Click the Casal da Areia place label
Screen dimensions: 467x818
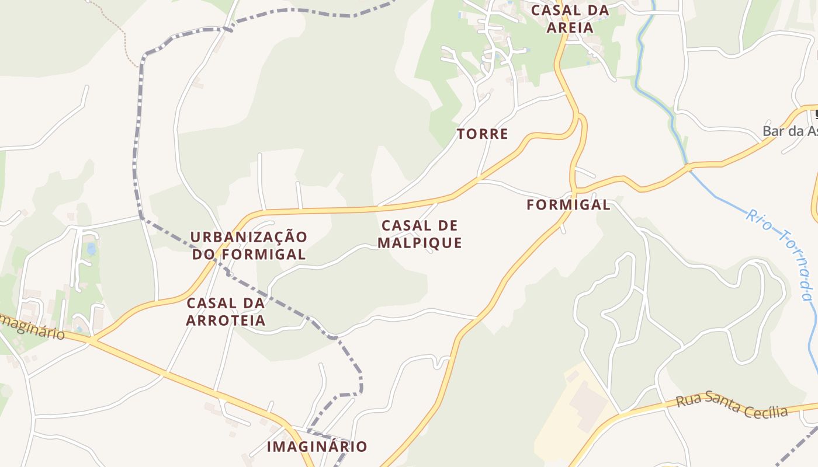[x=570, y=19]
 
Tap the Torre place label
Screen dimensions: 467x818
[x=482, y=134]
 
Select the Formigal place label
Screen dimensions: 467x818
[x=568, y=205]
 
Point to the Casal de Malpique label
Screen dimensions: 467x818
[x=420, y=234]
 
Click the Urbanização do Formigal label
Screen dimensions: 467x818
[x=248, y=246]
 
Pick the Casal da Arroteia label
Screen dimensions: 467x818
[x=226, y=312]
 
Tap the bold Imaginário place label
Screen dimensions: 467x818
[x=317, y=447]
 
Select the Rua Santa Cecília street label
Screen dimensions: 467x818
[x=732, y=405]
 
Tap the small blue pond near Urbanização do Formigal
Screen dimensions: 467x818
[x=91, y=249]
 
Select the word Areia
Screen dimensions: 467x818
[x=570, y=27]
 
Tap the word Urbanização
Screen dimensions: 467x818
[x=248, y=237]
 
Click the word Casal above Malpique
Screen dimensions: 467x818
[x=403, y=225]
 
